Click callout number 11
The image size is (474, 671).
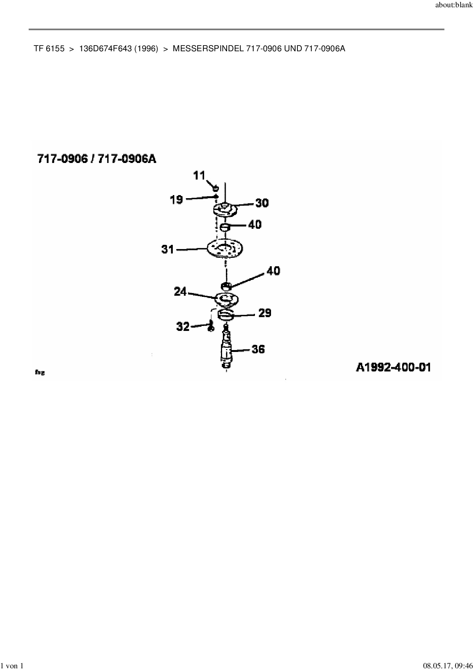199,176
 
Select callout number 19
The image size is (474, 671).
177,199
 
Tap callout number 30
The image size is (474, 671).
262,203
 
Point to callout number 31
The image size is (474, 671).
168,249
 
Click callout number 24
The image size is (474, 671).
180,292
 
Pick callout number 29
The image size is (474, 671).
265,313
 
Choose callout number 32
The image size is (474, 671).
183,327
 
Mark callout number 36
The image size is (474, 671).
258,349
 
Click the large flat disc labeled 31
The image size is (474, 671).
225,249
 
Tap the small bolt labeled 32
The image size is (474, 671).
210,327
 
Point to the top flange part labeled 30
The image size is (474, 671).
225,210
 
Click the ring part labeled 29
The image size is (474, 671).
226,315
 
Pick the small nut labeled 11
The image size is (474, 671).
215,187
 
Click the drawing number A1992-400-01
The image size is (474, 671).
393,368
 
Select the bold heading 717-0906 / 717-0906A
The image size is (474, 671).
97,159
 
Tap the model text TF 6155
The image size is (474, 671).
49,49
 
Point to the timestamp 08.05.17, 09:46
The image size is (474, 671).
448,666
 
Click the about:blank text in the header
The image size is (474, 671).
454,5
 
